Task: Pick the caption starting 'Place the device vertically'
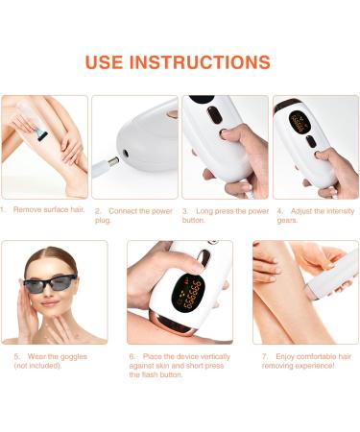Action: [x=177, y=366]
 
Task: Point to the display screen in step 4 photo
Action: [x=300, y=124]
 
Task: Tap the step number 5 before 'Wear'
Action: [x=17, y=356]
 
